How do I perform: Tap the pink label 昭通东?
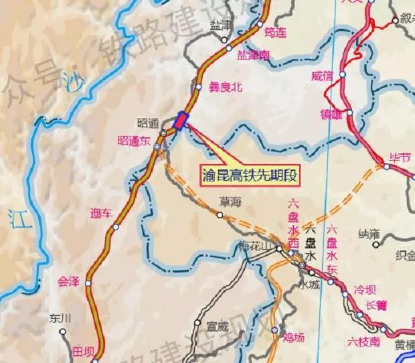click(x=134, y=141)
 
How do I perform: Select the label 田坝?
click(x=85, y=351)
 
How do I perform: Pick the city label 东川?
click(x=60, y=318)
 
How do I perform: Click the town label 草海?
click(x=230, y=201)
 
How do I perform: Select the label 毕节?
click(x=400, y=157)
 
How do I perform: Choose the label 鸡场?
click(x=295, y=337)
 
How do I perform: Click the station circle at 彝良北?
click(x=199, y=86)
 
